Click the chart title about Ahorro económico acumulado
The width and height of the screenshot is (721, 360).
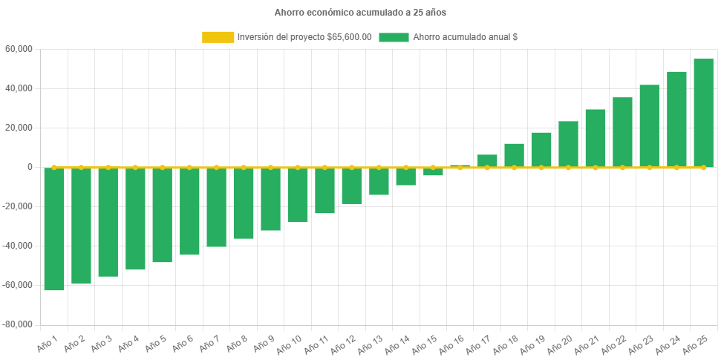[360, 13]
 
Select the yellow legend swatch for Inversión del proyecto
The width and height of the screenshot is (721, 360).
[217, 37]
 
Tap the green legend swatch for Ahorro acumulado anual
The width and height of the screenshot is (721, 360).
[394, 37]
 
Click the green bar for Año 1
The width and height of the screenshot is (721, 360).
[54, 229]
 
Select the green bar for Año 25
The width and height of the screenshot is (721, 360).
[703, 113]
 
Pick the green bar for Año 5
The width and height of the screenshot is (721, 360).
[162, 215]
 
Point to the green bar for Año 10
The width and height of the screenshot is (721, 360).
[298, 194]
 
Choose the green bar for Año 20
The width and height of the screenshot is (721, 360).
[568, 144]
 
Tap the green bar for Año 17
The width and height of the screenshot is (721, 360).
[487, 160]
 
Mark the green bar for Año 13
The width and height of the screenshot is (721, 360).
[379, 181]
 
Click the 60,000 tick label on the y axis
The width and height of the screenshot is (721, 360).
[20, 49]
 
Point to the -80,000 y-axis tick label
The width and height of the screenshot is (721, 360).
[18, 324]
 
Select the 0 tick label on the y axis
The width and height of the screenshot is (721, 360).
[30, 167]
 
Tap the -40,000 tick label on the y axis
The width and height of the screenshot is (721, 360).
[18, 246]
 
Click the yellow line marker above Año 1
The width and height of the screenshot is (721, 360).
[54, 167]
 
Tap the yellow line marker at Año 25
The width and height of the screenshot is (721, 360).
[703, 168]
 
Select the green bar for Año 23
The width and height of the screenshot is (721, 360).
[649, 125]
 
